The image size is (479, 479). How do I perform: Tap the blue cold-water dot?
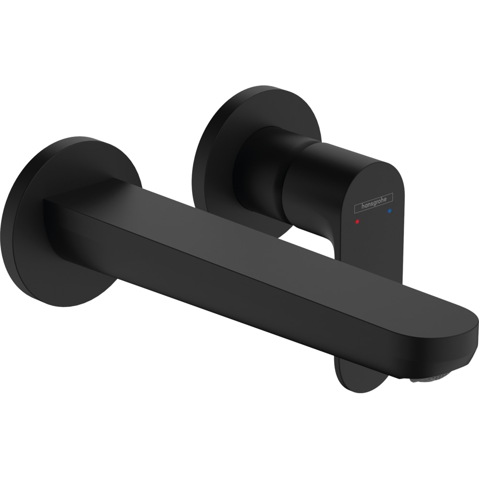tap(390, 210)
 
